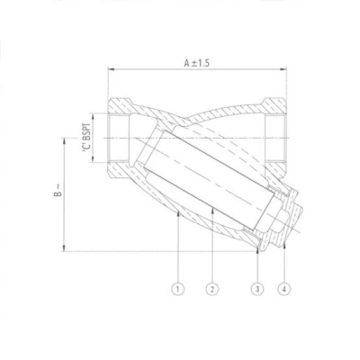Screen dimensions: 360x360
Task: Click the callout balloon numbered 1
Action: pos(177,289)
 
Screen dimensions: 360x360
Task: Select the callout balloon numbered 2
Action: pos(212,289)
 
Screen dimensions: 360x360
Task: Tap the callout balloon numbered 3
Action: pos(257,289)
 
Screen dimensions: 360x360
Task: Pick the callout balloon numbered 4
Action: pos(284,289)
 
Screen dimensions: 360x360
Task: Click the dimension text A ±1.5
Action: pos(197,63)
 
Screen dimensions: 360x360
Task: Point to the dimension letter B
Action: pos(58,193)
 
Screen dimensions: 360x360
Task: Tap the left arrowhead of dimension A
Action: pos(112,69)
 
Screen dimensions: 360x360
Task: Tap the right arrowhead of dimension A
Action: pos(283,69)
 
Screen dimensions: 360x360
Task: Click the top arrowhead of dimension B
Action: pos(64,142)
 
